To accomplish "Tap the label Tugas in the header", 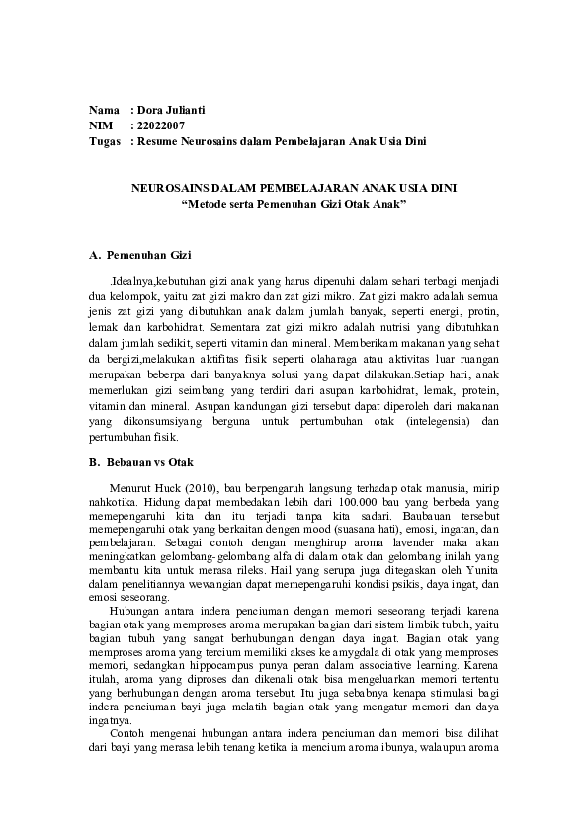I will [x=105, y=141].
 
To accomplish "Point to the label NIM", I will [x=101, y=125].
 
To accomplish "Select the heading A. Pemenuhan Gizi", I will [x=140, y=255].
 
